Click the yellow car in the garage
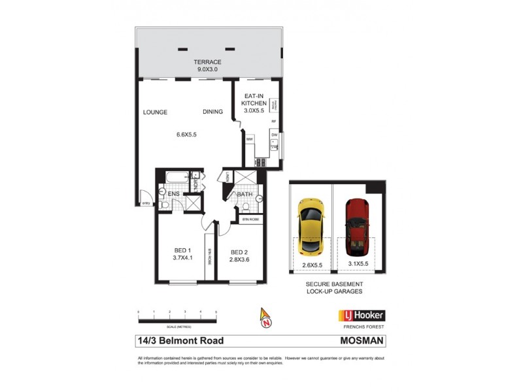[x=310, y=226]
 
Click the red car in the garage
[x=358, y=226]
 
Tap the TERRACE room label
[x=207, y=61]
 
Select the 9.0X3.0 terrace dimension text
[x=207, y=69]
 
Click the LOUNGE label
[x=156, y=112]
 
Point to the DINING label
[x=212, y=112]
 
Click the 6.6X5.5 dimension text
[x=186, y=135]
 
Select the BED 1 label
[x=182, y=250]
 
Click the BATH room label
[x=245, y=194]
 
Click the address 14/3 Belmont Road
[x=180, y=340]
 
